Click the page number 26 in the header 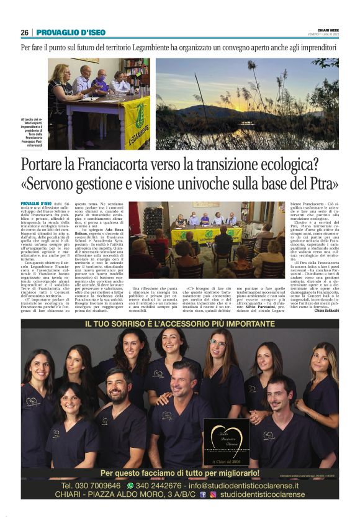point(24,32)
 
